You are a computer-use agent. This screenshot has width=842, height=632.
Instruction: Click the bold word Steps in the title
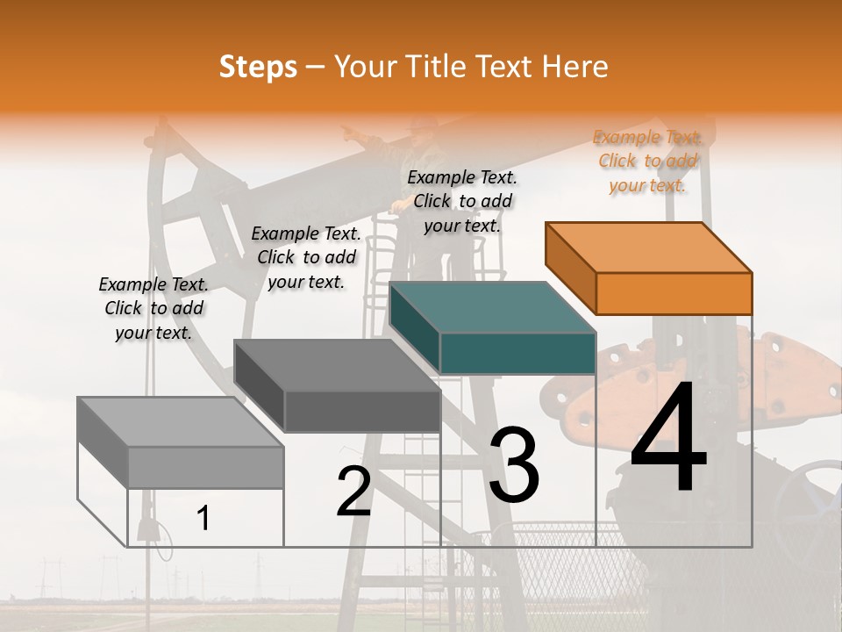(258, 67)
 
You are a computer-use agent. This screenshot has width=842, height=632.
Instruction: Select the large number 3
(514, 464)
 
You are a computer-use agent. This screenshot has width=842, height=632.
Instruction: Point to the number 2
(353, 492)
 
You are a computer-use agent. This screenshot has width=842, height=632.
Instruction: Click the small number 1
(203, 519)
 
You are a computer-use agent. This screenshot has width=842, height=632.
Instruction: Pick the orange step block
(649, 268)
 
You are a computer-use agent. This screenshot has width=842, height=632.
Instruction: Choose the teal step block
(493, 327)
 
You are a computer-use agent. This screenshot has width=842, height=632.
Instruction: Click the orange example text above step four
(648, 161)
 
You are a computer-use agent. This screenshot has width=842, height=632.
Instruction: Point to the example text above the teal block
(462, 201)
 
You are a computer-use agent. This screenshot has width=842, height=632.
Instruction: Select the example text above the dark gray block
(306, 257)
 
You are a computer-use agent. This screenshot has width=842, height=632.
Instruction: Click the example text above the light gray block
(153, 308)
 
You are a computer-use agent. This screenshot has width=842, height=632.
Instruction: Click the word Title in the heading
(435, 67)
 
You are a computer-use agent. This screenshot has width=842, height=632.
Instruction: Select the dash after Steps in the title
(316, 67)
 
